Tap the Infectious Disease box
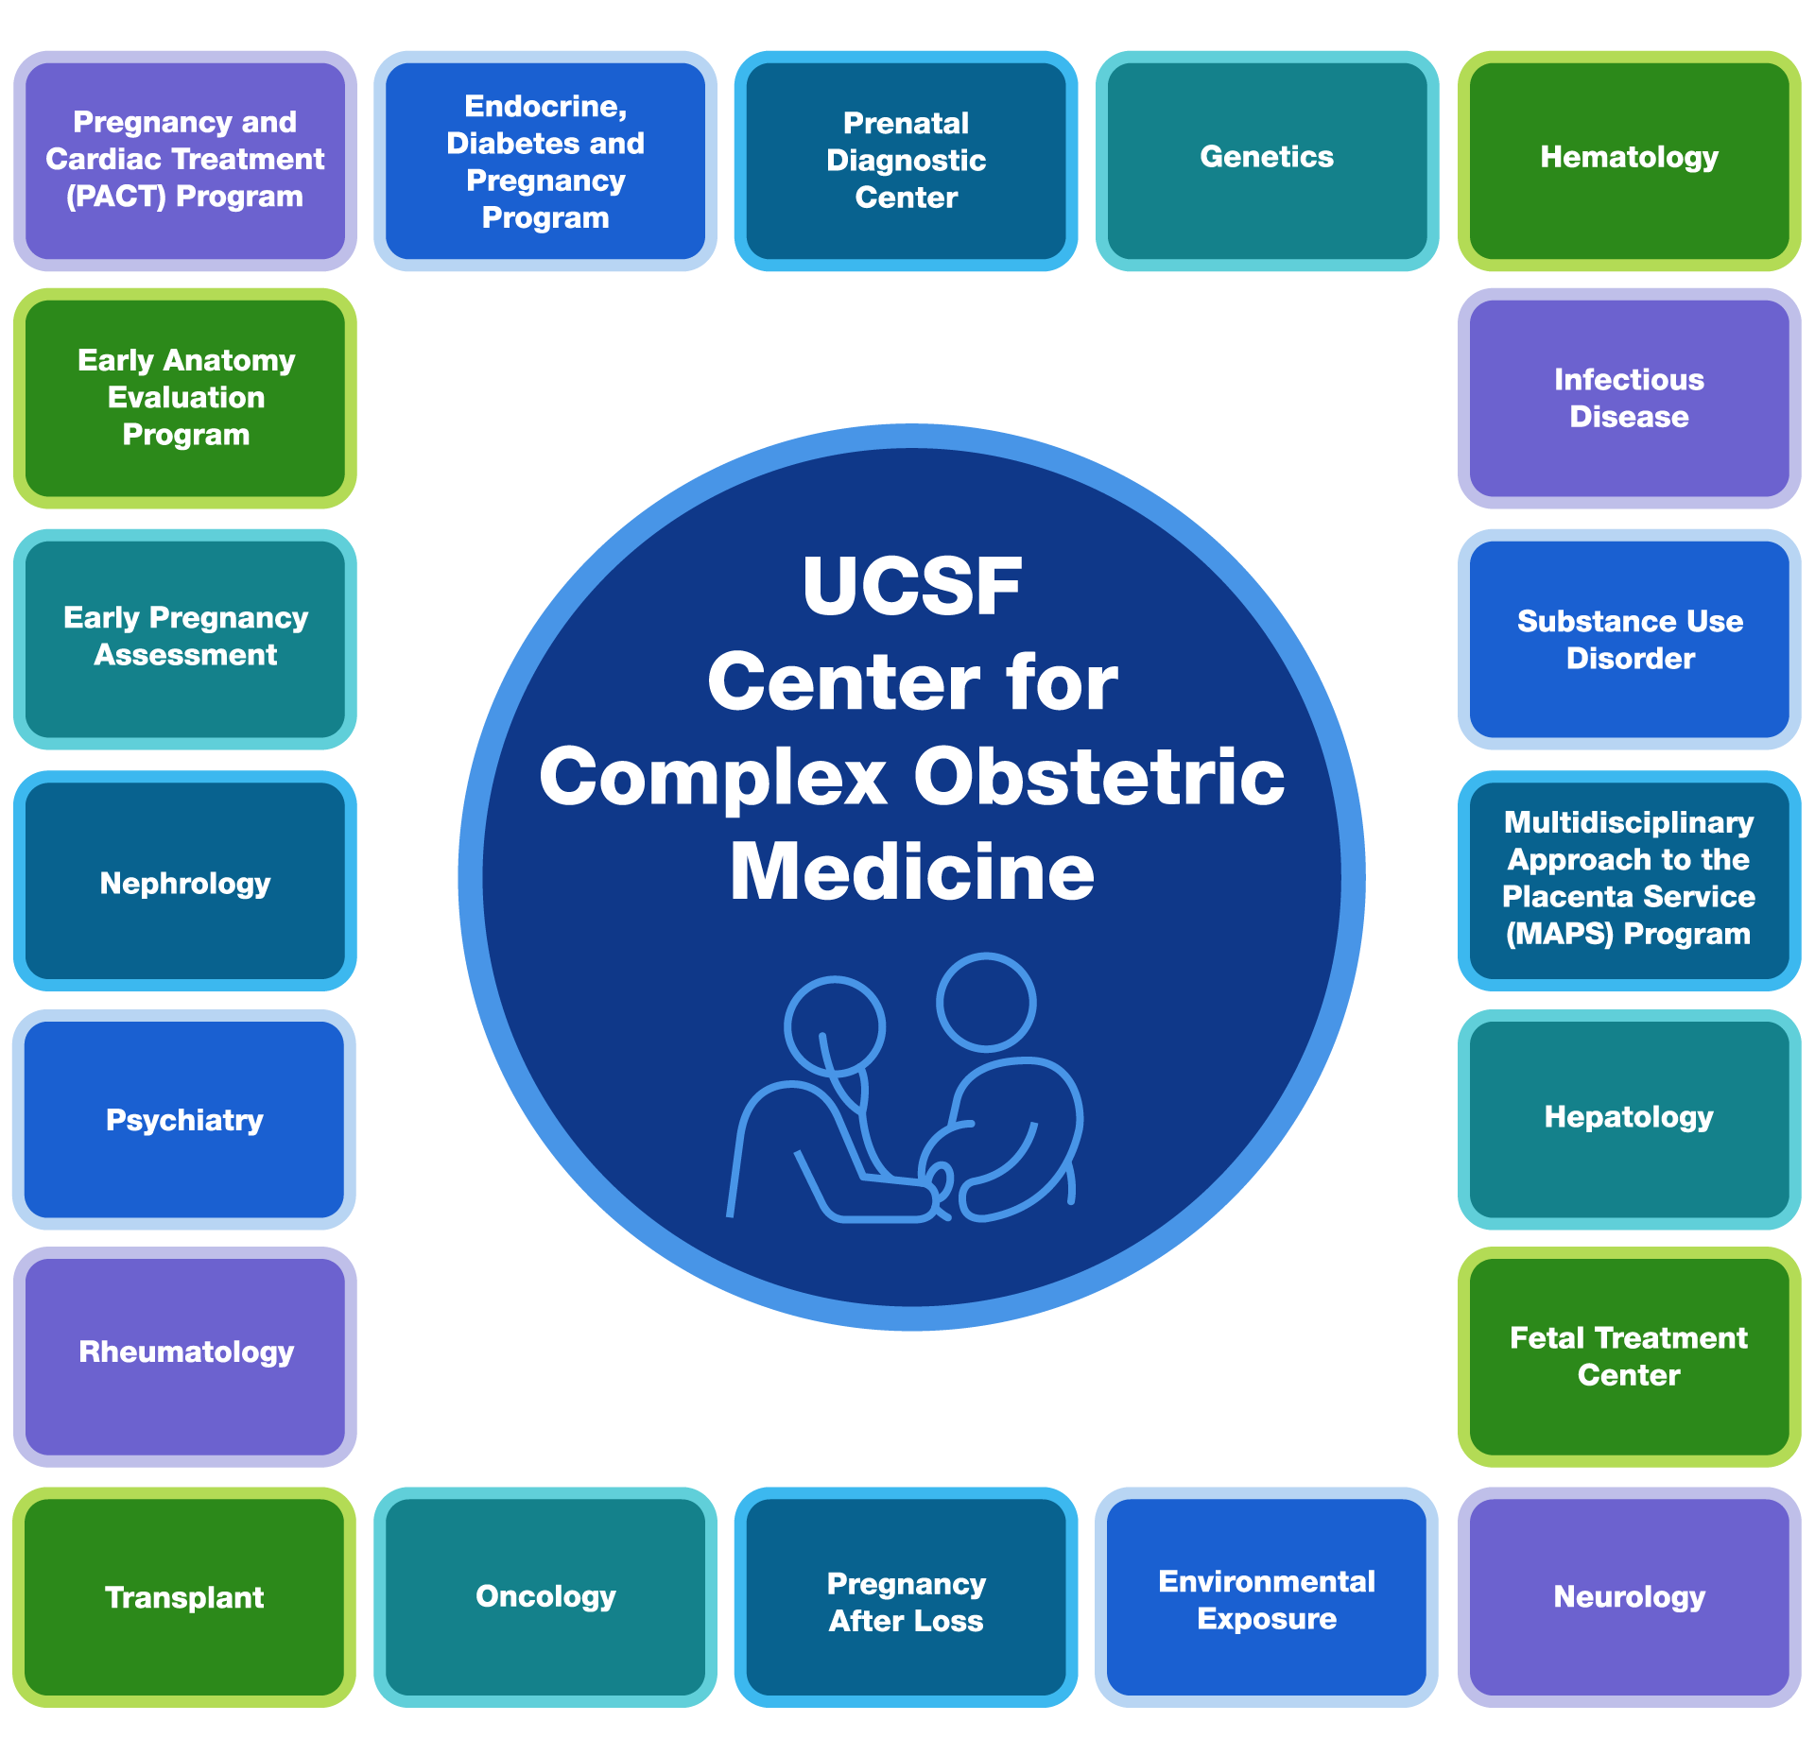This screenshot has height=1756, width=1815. pyautogui.click(x=1629, y=398)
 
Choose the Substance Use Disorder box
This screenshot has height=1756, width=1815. pyautogui.click(x=1629, y=640)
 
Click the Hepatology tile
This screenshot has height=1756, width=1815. pyautogui.click(x=1629, y=1118)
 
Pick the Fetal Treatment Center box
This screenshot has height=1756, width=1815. pyautogui.click(x=1629, y=1356)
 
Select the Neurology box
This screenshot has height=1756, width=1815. pyautogui.click(x=1629, y=1597)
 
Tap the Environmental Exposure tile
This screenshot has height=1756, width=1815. pyautogui.click(x=1267, y=1599)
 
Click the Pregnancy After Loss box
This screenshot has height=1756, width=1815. pyautogui.click(x=906, y=1601)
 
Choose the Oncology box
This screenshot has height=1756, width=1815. pyautogui.click(x=545, y=1597)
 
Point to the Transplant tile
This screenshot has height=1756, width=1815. pyautogui.click(x=184, y=1597)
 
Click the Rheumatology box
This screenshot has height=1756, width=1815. pyautogui.click(x=185, y=1353)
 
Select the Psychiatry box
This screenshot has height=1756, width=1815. pyautogui.click(x=184, y=1120)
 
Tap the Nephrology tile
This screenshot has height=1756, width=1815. pyautogui.click(x=185, y=883)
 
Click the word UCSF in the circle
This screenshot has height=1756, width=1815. pyautogui.click(x=911, y=587)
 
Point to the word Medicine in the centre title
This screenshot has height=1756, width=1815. pyautogui.click(x=911, y=871)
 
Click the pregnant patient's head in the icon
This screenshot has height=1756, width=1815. pyautogui.click(x=986, y=1002)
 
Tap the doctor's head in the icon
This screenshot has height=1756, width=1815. pyautogui.click(x=834, y=1025)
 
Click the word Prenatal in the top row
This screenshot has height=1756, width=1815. pyautogui.click(x=906, y=124)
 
